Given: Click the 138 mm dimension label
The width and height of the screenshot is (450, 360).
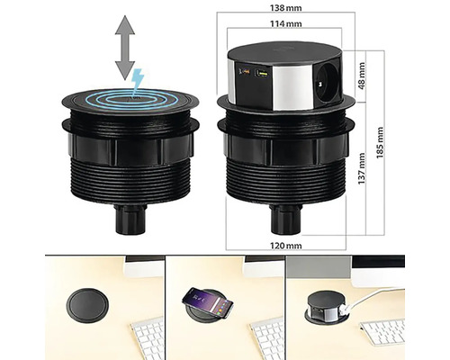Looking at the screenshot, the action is click(x=285, y=8).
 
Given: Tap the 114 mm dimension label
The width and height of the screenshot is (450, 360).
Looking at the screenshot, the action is click(x=285, y=23).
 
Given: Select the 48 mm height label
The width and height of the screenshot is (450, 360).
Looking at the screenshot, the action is click(x=362, y=76).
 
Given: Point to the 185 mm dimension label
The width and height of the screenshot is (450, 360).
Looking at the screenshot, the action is click(x=380, y=142).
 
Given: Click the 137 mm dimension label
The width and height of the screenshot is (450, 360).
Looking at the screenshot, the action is click(x=362, y=168).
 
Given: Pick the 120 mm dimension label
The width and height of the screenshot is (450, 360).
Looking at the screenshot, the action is click(x=286, y=246).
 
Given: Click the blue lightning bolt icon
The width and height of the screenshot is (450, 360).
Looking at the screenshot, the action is click(x=138, y=79).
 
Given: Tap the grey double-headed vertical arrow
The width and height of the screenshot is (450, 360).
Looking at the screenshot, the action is click(x=125, y=48).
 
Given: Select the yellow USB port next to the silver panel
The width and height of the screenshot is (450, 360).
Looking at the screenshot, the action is click(x=262, y=73).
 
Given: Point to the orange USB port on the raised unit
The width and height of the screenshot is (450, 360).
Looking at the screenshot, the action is click(x=245, y=71).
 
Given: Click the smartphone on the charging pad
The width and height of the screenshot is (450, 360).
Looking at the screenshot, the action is click(x=208, y=303).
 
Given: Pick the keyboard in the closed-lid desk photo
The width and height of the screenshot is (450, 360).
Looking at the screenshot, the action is click(x=148, y=339).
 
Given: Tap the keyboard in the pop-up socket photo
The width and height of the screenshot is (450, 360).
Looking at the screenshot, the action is click(x=382, y=331).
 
